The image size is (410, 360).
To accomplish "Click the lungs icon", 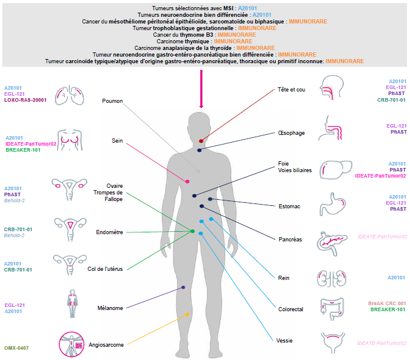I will coord(67,92).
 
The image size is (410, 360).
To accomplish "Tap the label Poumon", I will coord(113,101).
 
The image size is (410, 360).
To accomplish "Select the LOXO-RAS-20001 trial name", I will coord(25,101).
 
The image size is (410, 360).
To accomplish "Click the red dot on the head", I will coord(201,141).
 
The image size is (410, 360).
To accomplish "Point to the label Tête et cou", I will coord(292,90).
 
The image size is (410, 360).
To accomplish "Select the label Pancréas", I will coord(290,239).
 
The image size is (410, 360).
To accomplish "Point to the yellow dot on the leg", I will coord(187,315).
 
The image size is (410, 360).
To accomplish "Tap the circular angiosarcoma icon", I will coord(72,344).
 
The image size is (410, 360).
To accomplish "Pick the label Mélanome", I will coord(110,308).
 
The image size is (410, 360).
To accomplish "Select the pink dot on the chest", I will coord(187,181).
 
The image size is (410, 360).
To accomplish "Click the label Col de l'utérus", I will coord(105,268).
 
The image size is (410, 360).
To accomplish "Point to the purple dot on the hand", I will coord(183,288).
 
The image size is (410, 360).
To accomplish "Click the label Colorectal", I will coord(291,309).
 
